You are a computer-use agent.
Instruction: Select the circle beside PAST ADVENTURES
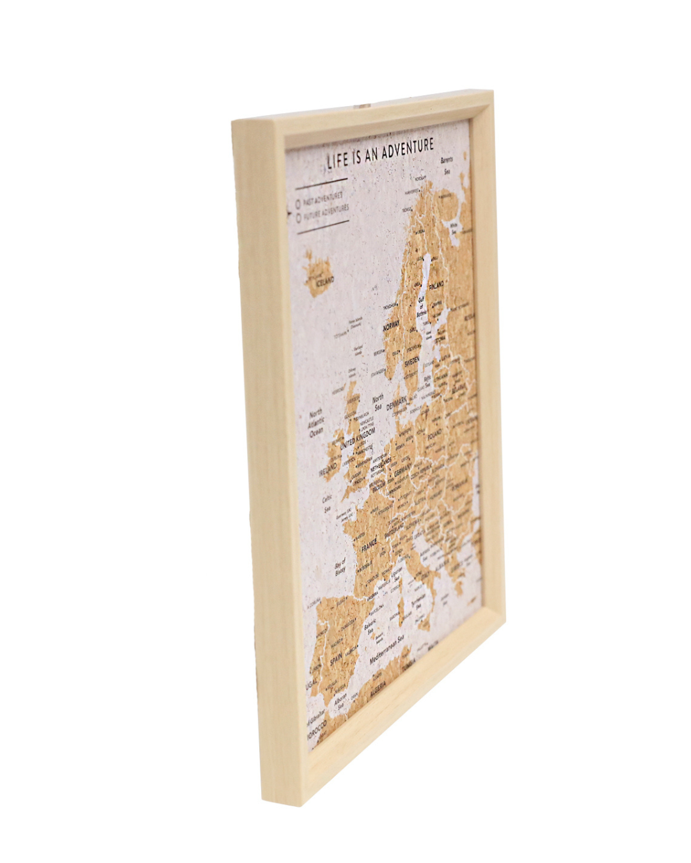[298, 204]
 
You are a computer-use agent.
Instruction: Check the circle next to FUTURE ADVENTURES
[299, 217]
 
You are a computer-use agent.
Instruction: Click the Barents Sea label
[447, 165]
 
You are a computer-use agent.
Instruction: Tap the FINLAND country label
[436, 285]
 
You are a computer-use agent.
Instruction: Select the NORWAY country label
[391, 327]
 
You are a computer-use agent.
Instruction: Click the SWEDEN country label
[411, 361]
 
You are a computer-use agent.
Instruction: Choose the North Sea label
[378, 403]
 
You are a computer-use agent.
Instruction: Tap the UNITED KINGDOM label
[358, 440]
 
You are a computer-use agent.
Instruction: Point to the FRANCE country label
[369, 548]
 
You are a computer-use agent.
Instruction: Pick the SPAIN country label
[335, 658]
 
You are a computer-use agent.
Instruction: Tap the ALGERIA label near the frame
[378, 688]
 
